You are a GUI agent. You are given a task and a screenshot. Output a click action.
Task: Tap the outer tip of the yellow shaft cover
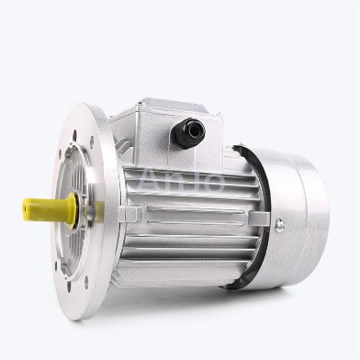click(26, 208)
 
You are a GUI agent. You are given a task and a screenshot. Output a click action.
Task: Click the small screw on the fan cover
click(278, 223)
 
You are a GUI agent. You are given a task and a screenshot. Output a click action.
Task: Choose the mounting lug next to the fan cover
click(259, 219)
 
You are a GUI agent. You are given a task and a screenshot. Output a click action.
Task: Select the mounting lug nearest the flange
click(129, 213)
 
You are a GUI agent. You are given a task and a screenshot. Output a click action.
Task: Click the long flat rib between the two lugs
click(195, 217)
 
